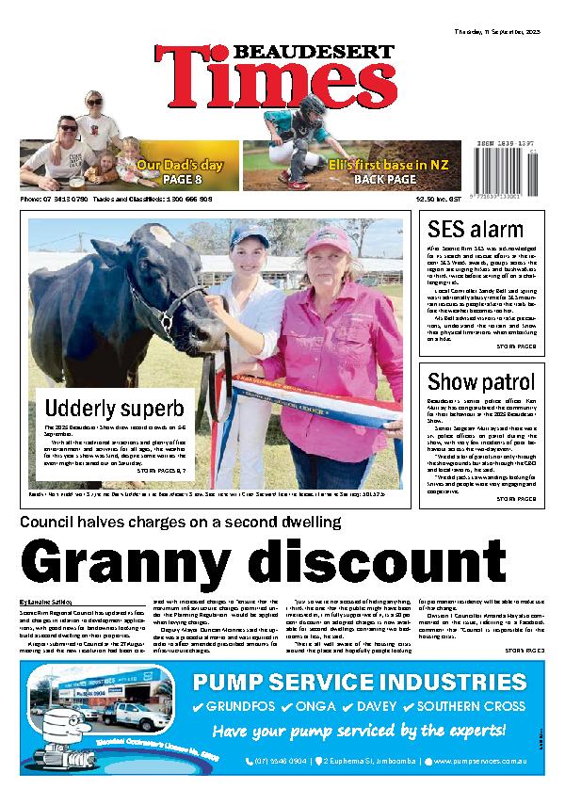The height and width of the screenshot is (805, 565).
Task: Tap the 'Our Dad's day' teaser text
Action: (180, 166)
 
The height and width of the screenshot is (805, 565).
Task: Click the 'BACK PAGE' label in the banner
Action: (387, 179)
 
